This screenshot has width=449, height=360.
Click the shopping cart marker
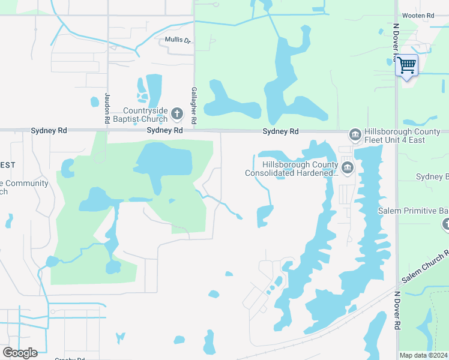[x=407, y=65]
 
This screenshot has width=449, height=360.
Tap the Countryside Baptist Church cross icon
[x=177, y=113]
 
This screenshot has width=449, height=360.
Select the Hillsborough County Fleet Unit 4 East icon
[x=355, y=135]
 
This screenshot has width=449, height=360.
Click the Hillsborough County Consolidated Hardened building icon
[x=347, y=166]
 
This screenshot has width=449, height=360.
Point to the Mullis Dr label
[x=178, y=41]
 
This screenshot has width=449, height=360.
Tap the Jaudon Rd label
[x=107, y=108]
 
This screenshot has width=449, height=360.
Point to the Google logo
[x=20, y=353]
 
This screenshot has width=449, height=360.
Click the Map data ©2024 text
[x=423, y=355]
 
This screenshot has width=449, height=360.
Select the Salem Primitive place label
[x=413, y=211]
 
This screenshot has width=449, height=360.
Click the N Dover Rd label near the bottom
[x=397, y=310]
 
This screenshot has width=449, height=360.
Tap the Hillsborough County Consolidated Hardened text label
[x=292, y=169]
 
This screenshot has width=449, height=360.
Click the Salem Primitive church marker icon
[x=446, y=224]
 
